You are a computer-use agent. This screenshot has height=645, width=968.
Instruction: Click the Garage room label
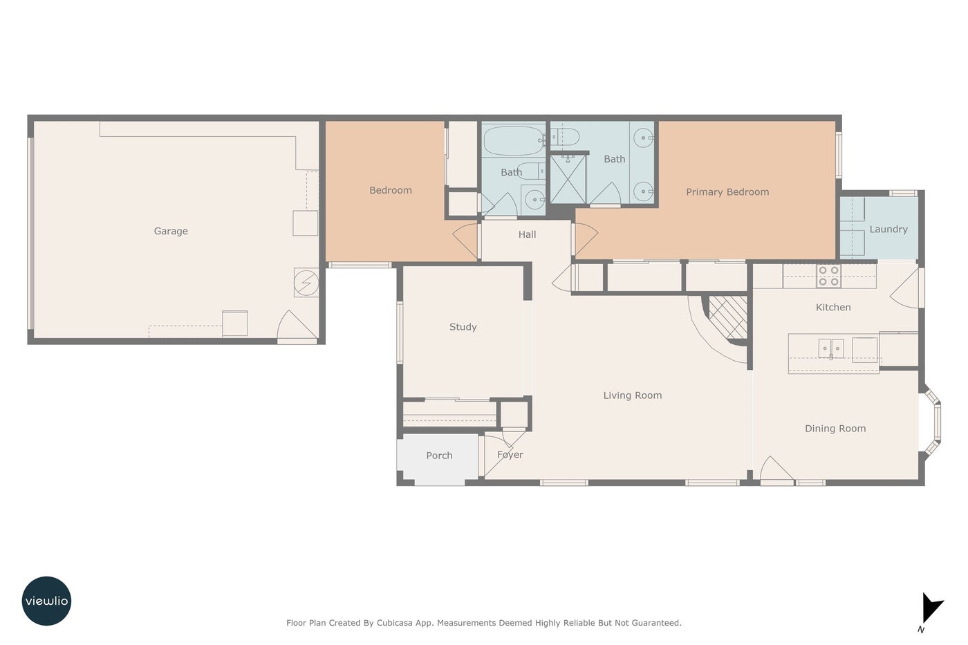[x=171, y=231]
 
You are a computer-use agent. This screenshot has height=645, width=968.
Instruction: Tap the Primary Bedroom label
[x=727, y=191]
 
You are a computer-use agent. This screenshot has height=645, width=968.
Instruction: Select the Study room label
[x=463, y=327]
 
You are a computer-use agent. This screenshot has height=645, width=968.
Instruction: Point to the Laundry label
[x=888, y=230]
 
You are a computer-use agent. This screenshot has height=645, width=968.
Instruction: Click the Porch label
[x=439, y=456]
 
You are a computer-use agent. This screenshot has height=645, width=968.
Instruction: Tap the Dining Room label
[x=835, y=429]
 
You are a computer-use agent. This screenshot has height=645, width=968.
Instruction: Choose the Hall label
[x=527, y=234]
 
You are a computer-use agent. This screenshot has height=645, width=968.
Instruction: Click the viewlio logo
[x=46, y=601]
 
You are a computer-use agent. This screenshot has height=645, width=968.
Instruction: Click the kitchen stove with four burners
[x=828, y=276]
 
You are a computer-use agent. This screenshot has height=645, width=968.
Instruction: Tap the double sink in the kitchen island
[x=830, y=348]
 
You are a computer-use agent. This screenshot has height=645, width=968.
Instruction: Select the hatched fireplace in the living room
[x=727, y=317]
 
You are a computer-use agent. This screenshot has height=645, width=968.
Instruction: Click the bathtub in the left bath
[x=514, y=141]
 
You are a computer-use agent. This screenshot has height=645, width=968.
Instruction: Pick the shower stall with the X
[x=568, y=179]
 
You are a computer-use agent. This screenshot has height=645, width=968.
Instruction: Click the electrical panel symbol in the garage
[x=306, y=283]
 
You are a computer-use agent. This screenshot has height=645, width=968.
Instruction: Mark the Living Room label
[x=632, y=395]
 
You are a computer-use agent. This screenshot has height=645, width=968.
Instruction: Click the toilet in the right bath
[x=566, y=137]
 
